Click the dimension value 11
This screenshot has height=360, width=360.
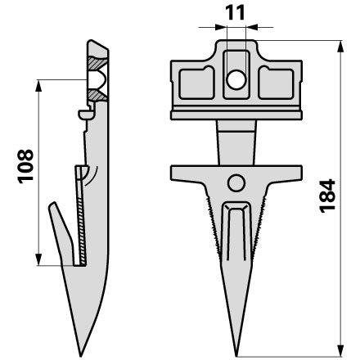(235, 13)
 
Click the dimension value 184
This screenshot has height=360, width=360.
(327, 196)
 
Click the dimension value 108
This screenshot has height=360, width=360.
(25, 166)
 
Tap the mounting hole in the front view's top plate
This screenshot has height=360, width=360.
(236, 79)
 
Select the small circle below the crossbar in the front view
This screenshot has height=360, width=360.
(236, 182)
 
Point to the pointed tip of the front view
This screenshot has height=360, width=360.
(236, 355)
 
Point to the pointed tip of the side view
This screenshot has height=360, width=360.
(81, 355)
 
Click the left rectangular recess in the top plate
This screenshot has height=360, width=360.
(196, 83)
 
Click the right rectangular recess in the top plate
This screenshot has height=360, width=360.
(276, 83)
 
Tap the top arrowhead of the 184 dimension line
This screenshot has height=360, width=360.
(340, 47)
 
